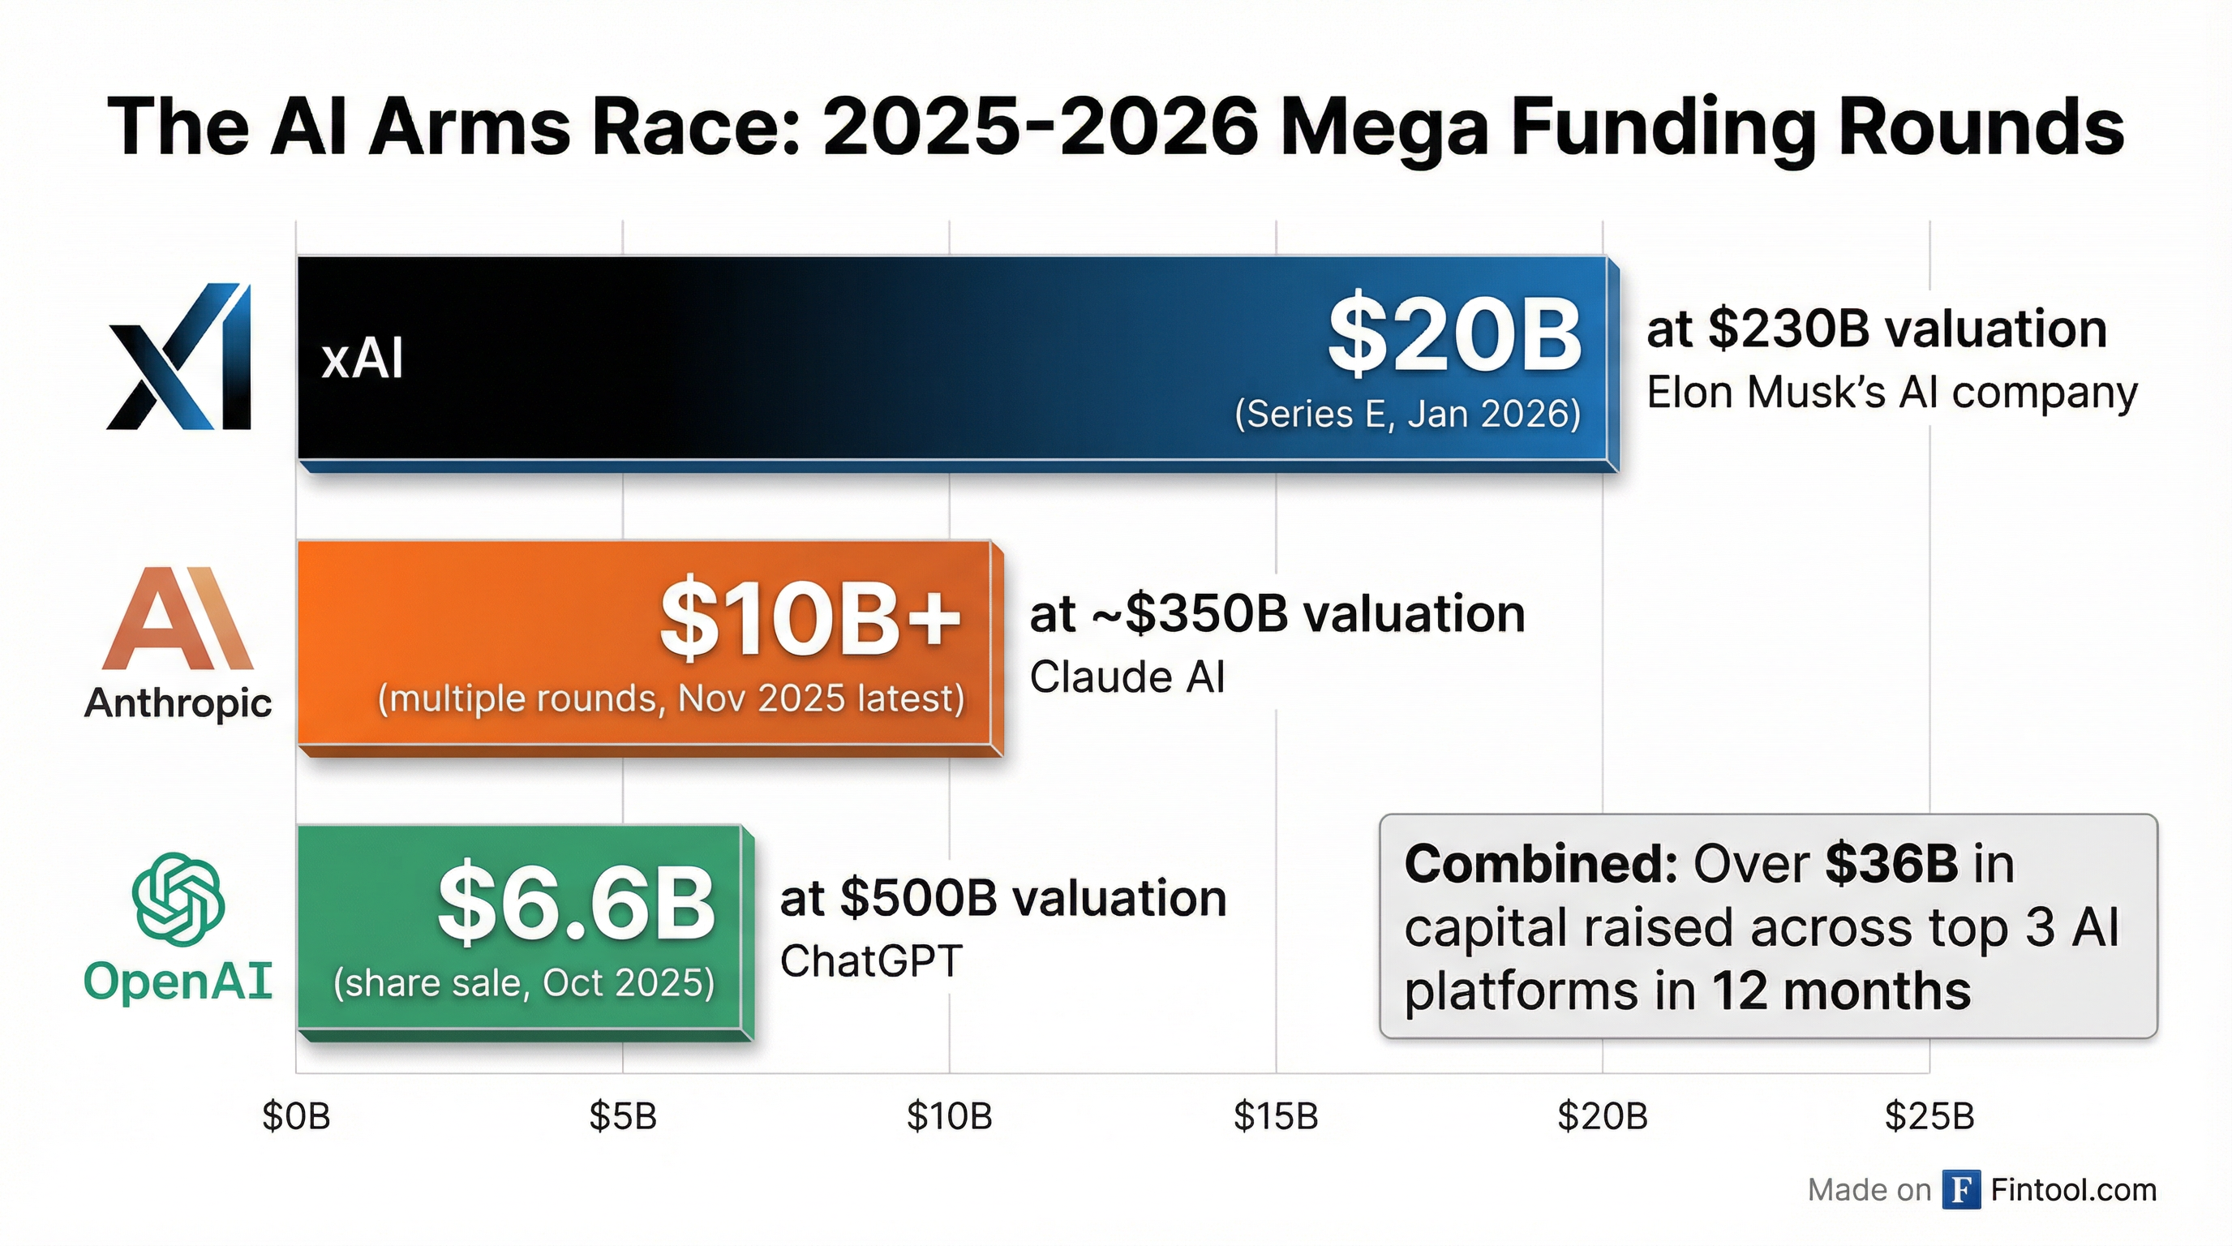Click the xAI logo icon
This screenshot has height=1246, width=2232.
pyautogui.click(x=179, y=356)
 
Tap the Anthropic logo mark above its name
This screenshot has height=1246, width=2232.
pyautogui.click(x=178, y=619)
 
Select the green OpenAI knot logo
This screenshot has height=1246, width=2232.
pyautogui.click(x=178, y=899)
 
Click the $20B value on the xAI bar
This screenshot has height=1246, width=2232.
pyautogui.click(x=1455, y=334)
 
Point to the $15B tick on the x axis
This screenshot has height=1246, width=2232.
pyautogui.click(x=1276, y=1116)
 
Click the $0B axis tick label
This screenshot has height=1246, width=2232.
pyautogui.click(x=296, y=1116)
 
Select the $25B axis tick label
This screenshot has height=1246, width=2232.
pyautogui.click(x=1929, y=1116)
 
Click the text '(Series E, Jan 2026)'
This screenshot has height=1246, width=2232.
pyautogui.click(x=1407, y=414)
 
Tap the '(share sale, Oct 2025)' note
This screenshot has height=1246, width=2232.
pyautogui.click(x=524, y=982)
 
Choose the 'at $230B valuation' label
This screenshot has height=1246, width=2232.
pyautogui.click(x=1876, y=329)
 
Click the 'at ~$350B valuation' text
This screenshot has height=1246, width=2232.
pyautogui.click(x=1277, y=613)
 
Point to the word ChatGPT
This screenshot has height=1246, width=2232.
pyautogui.click(x=871, y=961)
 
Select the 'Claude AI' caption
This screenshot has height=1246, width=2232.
pyautogui.click(x=1127, y=677)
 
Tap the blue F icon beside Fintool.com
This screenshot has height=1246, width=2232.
pyautogui.click(x=1961, y=1190)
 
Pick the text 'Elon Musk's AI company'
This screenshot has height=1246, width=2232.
pyautogui.click(x=1891, y=393)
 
